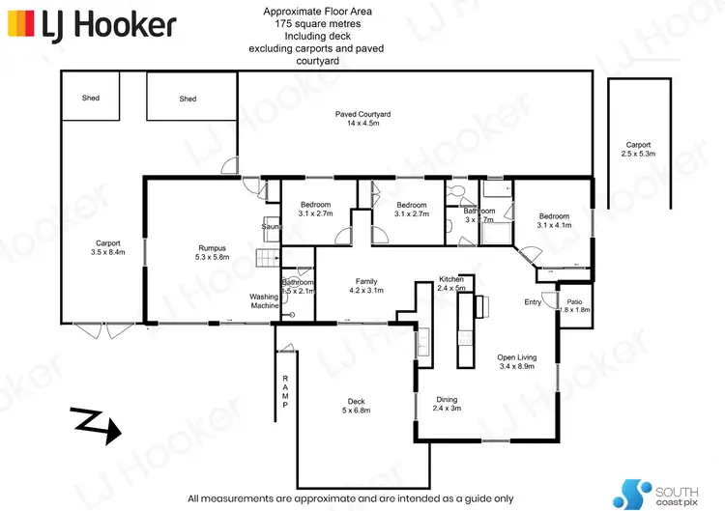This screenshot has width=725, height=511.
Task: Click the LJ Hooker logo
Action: point(91,24)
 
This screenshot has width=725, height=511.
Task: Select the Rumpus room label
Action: point(212,253)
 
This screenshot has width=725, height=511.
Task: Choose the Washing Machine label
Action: point(264,301)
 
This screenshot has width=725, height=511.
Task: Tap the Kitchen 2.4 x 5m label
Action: point(451,282)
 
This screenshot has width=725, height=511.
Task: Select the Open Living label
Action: point(516,362)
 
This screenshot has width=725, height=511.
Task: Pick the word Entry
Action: point(533,302)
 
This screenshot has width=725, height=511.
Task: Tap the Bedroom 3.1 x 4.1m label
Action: point(555,220)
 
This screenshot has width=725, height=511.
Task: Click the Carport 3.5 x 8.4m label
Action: point(106,247)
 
